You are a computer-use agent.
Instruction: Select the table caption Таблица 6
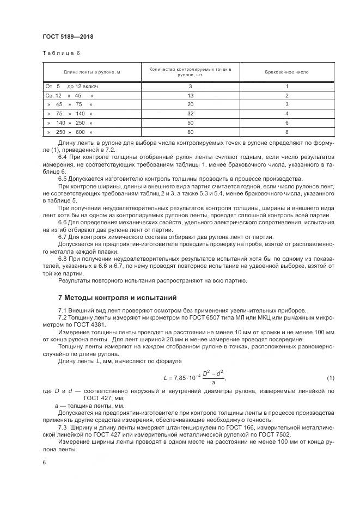60,53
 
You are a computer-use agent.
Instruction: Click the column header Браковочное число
286,71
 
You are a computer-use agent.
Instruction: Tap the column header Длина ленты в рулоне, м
91,71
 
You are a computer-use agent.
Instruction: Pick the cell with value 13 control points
191,95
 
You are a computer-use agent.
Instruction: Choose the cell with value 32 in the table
191,113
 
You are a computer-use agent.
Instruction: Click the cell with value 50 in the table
191,122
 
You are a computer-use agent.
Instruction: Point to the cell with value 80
191,132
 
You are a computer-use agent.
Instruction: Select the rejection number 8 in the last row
286,132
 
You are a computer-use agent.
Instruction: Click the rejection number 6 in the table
286,122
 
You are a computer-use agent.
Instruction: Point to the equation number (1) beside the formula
330,378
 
